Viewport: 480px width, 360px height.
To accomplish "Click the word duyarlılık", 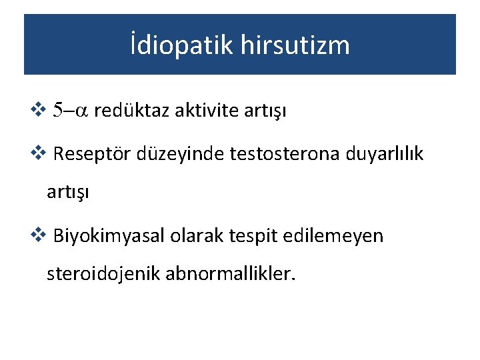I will tap(385, 155).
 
